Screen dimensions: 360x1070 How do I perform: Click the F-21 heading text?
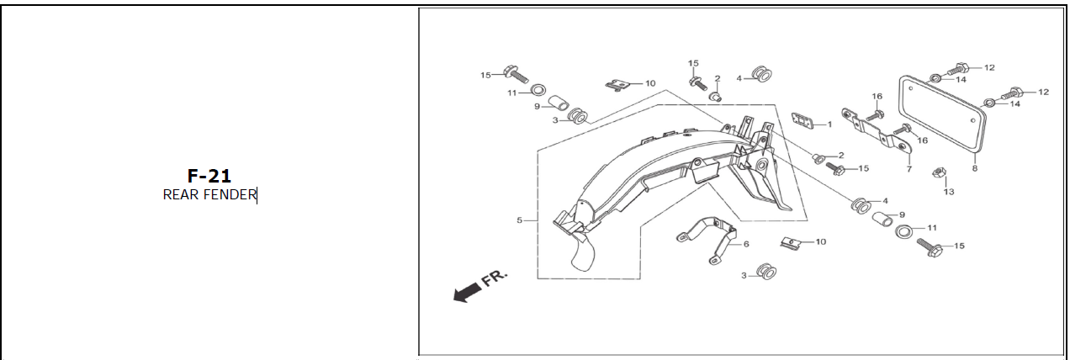pyautogui.click(x=209, y=176)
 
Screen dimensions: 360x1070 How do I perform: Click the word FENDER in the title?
pyautogui.click(x=230, y=195)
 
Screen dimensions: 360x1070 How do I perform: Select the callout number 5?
pyautogui.click(x=520, y=220)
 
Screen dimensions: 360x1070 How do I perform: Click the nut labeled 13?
pyautogui.click(x=936, y=174)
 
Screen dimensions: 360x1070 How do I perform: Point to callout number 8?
pyautogui.click(x=974, y=168)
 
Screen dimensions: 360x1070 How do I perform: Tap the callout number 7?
pyautogui.click(x=908, y=169)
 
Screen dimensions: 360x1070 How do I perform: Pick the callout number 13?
pyautogui.click(x=949, y=192)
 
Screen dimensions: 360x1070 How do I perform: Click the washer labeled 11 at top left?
pyautogui.click(x=538, y=91)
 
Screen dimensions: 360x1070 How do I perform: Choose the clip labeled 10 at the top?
pyautogui.click(x=618, y=85)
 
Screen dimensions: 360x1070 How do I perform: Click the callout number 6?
pyautogui.click(x=745, y=244)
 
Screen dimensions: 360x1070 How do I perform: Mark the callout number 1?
pyautogui.click(x=829, y=124)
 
